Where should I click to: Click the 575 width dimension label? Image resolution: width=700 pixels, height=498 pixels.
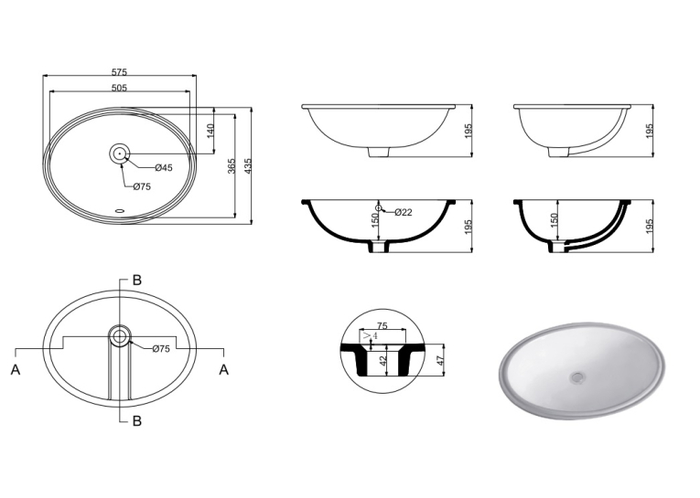click(x=119, y=71)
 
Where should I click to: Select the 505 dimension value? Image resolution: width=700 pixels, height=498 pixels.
click(x=119, y=88)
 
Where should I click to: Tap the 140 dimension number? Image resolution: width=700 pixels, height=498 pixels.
click(x=210, y=130)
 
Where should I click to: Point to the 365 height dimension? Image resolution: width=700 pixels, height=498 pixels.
click(x=232, y=166)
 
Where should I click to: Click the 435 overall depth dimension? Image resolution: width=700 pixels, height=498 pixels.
click(x=248, y=166)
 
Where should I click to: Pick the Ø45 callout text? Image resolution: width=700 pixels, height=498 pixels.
click(x=164, y=168)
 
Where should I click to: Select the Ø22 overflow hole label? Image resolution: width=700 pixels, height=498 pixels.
click(x=404, y=212)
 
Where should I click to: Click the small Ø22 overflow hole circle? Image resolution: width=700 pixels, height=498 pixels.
click(x=379, y=208)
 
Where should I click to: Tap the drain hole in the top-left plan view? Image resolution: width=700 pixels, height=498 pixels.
click(x=120, y=154)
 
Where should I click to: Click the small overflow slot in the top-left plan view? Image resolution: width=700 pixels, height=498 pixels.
click(x=120, y=211)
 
